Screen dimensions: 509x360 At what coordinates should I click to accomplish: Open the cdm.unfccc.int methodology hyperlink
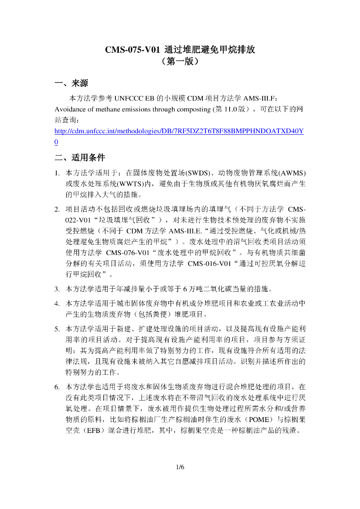[x=179, y=131]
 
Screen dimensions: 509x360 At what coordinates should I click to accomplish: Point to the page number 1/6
[x=180, y=467]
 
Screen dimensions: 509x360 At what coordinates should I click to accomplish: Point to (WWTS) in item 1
[x=116, y=184]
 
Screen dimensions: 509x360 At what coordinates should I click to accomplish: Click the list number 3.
[x=58, y=288]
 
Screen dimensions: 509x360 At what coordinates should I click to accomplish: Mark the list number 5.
[x=58, y=329]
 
